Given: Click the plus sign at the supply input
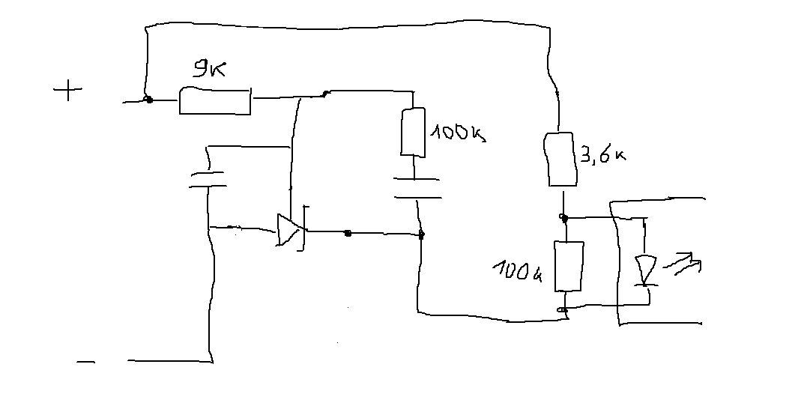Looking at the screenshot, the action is point(67,91).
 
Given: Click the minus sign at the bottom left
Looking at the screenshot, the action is point(85,363).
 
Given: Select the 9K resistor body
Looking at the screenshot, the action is point(214,101).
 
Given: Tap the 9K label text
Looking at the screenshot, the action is point(209,69).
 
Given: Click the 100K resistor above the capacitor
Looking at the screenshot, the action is point(414,132).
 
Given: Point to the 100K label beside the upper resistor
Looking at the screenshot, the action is point(458,133).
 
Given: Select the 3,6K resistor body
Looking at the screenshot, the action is point(560,159).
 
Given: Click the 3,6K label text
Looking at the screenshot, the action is point(603,154).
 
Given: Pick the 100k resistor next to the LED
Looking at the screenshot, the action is point(569,266).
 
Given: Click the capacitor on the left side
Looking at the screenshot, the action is point(208,179).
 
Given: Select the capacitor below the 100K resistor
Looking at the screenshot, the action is point(417,188).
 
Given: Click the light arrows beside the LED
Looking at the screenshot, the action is point(683,264).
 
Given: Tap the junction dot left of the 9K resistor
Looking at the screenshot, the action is point(149,100).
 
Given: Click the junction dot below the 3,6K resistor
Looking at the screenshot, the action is point(564,219).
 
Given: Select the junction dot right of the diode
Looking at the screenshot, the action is point(348,234).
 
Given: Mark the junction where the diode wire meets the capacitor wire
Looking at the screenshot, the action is point(421,234).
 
